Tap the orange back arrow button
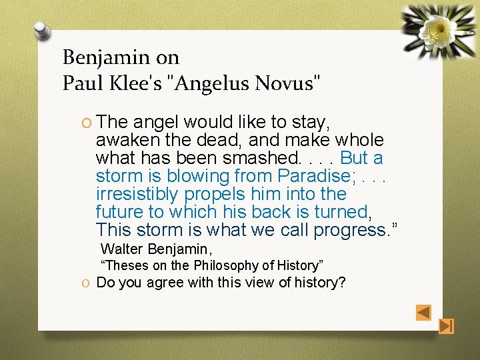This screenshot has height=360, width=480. (423, 312)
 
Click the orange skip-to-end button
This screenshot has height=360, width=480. (447, 326)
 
